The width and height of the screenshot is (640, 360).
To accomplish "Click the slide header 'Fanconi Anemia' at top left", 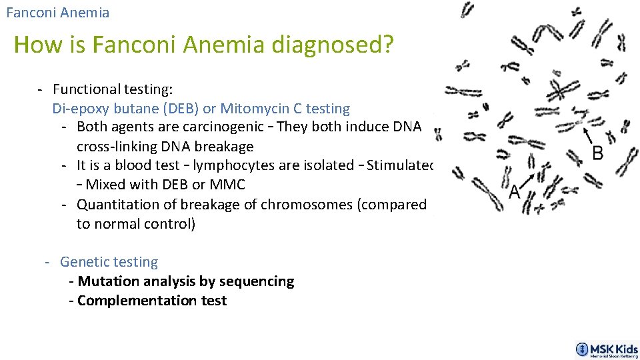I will point(57,13).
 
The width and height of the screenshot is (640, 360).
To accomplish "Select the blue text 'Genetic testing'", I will point(109,262).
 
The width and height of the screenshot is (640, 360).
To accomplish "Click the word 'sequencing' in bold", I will point(259,281).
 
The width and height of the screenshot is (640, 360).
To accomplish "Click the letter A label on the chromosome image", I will point(514,192).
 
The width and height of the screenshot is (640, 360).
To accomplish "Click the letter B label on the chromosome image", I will point(597,153).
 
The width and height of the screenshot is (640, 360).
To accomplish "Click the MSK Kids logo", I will point(607,350).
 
